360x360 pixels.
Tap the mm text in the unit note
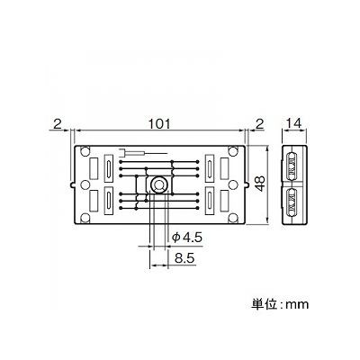click(x=297, y=305)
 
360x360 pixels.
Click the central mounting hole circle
click(x=157, y=184)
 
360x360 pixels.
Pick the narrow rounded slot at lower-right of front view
click(x=208, y=201)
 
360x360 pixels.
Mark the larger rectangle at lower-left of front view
click(x=94, y=200)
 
